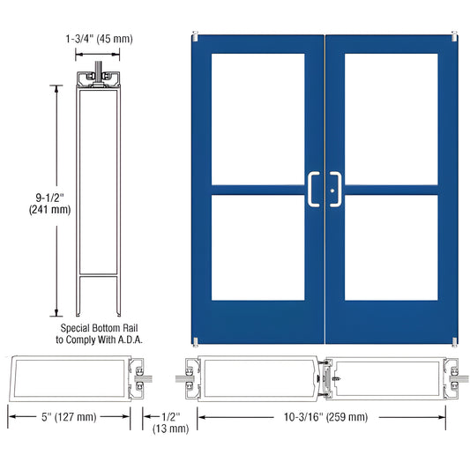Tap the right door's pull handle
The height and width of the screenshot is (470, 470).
click(336, 189)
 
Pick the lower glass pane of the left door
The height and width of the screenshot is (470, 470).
click(258, 246)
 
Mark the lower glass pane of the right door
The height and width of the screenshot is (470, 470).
click(391, 246)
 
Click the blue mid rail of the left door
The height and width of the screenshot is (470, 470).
click(258, 188)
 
